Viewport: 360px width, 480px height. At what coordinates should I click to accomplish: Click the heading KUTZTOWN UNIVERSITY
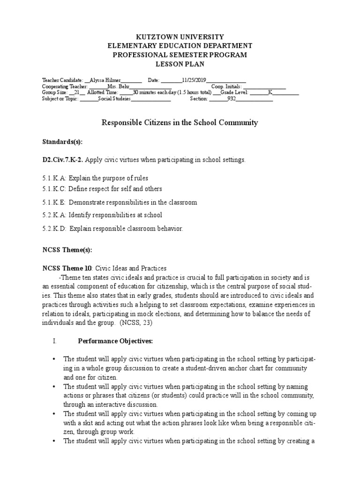[180, 37]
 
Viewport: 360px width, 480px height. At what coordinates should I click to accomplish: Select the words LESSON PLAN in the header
[180, 64]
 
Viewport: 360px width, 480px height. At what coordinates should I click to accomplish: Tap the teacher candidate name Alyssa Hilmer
[105, 80]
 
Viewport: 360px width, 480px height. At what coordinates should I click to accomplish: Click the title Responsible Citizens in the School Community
[180, 123]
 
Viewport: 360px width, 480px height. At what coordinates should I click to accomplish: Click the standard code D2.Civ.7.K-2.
[63, 160]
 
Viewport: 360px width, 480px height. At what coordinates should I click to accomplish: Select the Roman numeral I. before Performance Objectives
[55, 341]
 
